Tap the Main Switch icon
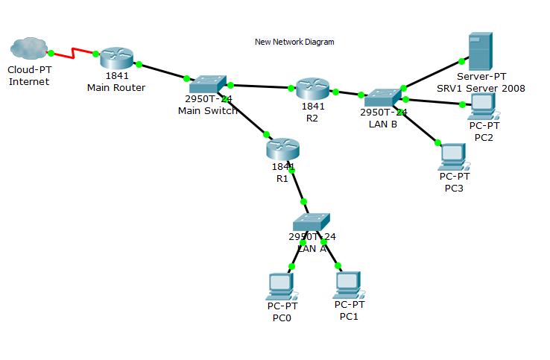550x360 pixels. click(207, 84)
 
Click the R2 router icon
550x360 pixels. click(312, 89)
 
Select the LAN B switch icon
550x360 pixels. click(383, 98)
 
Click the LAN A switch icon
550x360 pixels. click(311, 222)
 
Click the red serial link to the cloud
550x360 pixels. click(73, 54)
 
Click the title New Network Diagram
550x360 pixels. click(294, 42)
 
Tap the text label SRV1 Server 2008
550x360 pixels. click(481, 88)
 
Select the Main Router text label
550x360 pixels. click(116, 87)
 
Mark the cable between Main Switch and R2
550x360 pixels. click(261, 86)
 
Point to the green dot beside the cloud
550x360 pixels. click(51, 53)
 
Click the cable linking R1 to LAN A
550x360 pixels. click(298, 186)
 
